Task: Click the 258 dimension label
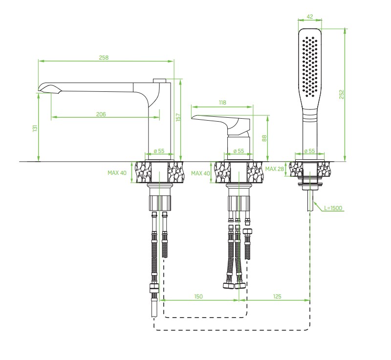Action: [104, 58]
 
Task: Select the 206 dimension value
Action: [101, 114]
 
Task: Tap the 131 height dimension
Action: [35, 128]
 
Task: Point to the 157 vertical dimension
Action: [178, 117]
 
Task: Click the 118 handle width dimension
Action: [222, 103]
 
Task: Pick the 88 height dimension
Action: [264, 138]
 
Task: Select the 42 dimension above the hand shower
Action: [310, 17]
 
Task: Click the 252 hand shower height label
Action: [342, 94]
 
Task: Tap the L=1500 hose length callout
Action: [333, 208]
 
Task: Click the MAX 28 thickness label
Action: [275, 169]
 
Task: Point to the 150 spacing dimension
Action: [198, 296]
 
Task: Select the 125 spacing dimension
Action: [277, 296]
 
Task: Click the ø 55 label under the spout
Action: [159, 151]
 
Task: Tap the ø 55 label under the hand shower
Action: [310, 151]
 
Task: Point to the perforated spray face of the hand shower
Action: [310, 66]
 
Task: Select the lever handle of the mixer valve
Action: [221, 123]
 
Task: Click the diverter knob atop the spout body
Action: [160, 81]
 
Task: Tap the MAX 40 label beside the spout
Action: [117, 172]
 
